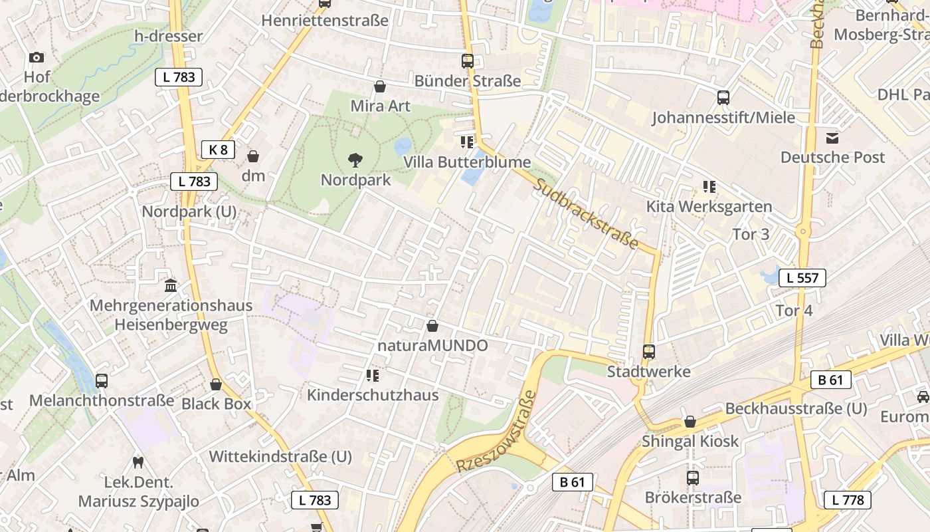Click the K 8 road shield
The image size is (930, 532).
click(218, 150)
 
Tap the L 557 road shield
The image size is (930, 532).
click(802, 278)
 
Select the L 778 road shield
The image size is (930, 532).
click(848, 499)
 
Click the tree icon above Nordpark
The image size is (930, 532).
click(355, 160)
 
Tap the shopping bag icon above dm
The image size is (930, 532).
click(253, 156)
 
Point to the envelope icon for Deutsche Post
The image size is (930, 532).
click(832, 138)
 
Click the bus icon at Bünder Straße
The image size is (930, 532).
click(468, 61)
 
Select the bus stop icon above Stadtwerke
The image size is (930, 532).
click(649, 352)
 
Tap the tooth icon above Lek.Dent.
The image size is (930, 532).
click(138, 462)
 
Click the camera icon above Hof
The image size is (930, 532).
click(37, 58)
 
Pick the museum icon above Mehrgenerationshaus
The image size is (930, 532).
click(171, 286)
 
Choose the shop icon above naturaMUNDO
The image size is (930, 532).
click(432, 326)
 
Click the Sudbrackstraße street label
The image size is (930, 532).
click(586, 213)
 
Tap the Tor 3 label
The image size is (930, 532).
click(751, 234)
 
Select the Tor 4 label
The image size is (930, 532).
click(794, 311)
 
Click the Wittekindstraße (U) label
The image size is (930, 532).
click(280, 457)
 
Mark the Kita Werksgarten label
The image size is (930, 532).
click(709, 207)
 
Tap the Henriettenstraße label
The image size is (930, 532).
click(325, 21)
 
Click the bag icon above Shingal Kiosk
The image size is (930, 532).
click(690, 422)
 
